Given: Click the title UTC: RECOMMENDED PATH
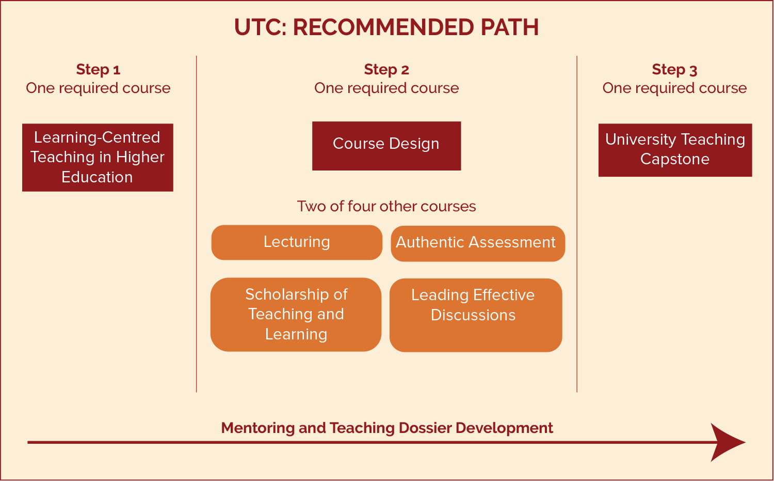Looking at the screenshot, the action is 386,27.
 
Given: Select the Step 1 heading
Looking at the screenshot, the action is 98,70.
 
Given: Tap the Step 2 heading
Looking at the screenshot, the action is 386,70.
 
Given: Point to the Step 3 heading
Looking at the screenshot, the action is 674,70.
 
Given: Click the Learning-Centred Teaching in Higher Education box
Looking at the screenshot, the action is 98,158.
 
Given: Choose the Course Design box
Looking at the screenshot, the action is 386,146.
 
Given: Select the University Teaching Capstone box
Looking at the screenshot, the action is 675,150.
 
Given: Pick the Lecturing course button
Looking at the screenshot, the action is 297,242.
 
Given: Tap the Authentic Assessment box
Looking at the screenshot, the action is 478,243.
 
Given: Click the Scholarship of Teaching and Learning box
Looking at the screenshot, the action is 296,315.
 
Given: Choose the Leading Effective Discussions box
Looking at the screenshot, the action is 476,315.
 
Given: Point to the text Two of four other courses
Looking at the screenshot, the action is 386,206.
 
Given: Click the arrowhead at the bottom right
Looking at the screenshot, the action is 728,442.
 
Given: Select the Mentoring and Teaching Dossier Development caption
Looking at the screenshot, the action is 387,428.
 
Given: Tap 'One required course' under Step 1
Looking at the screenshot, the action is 98,88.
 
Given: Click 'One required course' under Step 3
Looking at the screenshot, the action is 674,88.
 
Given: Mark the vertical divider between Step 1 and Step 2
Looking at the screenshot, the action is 196,224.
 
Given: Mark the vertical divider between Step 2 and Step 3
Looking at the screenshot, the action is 577,224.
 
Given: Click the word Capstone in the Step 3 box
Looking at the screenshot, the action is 675,159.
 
